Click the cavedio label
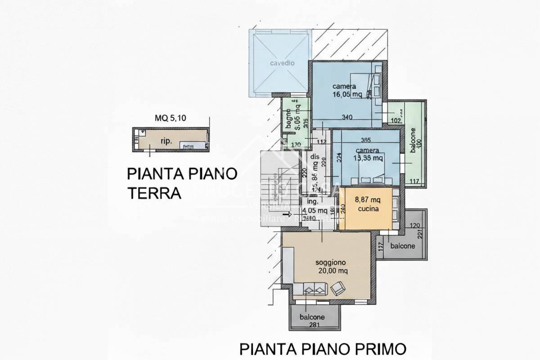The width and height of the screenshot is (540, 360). click(282, 63)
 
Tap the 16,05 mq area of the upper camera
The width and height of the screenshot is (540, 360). click(347, 94)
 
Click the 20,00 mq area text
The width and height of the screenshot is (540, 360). click(330, 270)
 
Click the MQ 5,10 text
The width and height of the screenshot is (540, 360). click(167, 118)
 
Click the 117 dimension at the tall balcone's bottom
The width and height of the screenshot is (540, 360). click(414, 181)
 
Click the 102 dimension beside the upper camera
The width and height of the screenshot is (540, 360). click(396, 120)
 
